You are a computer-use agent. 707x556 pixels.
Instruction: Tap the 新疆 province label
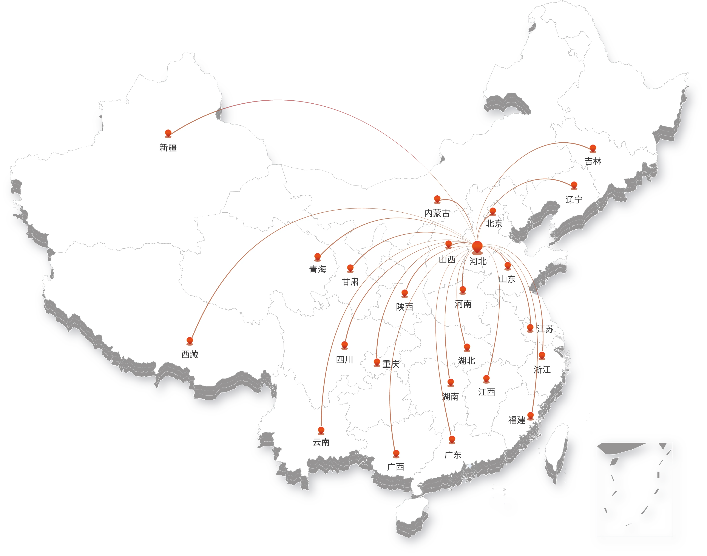coord(168,148)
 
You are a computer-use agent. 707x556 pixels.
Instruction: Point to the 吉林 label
coord(593,161)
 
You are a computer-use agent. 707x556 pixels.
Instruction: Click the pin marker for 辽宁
coord(574,185)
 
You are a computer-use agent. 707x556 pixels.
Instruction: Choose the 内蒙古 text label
coord(437,213)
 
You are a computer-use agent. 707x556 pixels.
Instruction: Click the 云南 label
coord(321,442)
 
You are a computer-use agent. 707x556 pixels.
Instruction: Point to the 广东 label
coord(453,455)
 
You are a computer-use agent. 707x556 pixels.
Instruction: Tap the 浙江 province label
coord(542,369)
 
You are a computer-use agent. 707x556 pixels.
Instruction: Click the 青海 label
coord(318,269)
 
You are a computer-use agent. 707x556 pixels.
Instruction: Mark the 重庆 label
coord(391,364)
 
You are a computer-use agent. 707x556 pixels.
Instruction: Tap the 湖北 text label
coord(467,361)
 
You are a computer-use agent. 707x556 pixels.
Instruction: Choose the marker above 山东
coord(508,266)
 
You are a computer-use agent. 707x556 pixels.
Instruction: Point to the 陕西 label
coord(405,307)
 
